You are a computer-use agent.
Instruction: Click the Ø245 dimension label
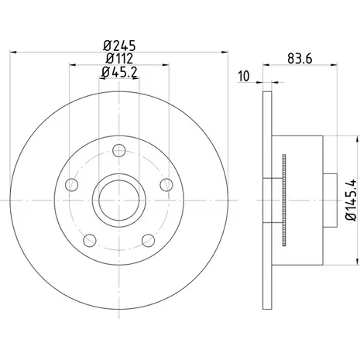coord(119,46)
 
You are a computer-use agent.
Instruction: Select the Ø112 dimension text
coord(119,59)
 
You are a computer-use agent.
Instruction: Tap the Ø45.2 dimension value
coord(119,72)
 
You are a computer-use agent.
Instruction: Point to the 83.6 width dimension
coord(300,59)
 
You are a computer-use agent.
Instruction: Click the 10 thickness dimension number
coord(244,76)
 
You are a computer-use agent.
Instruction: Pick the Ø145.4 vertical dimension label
coord(351,201)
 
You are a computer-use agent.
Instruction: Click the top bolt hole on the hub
coord(119,150)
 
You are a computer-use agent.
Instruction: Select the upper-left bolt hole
coord(72,185)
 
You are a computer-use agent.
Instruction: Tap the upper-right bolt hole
coord(166,185)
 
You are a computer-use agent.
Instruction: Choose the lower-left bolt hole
coord(90,241)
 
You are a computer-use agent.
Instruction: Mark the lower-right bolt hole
coord(149,241)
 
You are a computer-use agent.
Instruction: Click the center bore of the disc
coord(119,201)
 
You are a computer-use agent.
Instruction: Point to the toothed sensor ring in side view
coord(284,201)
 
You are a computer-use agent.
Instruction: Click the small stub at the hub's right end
coord(331,201)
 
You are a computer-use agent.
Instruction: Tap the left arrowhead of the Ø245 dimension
coord(13,53)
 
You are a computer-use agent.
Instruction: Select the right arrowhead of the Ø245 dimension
coord(225,53)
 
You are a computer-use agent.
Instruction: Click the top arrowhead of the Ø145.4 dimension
coord(358,139)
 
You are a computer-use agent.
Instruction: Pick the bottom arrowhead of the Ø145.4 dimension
coord(358,262)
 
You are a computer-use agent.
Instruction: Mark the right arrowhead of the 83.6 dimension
coord(334,65)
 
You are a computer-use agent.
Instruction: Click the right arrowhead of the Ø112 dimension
coord(166,65)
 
